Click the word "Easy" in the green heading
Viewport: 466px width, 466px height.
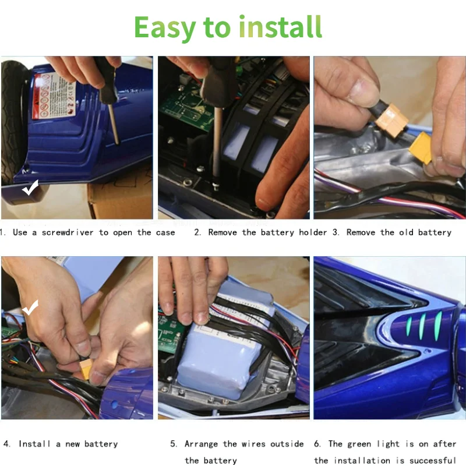165,27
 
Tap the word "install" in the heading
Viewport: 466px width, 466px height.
281,27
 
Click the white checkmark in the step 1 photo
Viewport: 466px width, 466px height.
30,188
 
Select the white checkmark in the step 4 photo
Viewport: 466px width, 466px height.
30,308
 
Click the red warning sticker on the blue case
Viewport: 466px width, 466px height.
54,96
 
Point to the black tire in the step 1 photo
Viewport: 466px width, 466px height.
13,122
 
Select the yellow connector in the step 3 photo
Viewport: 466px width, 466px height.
421,148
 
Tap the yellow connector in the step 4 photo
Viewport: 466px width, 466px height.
85,369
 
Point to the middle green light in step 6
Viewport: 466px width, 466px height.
421,326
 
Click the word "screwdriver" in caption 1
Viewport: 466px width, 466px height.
68,232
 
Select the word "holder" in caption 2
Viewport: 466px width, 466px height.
313,232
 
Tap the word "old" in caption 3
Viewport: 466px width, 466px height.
406,232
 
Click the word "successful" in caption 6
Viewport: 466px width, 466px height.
433,461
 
